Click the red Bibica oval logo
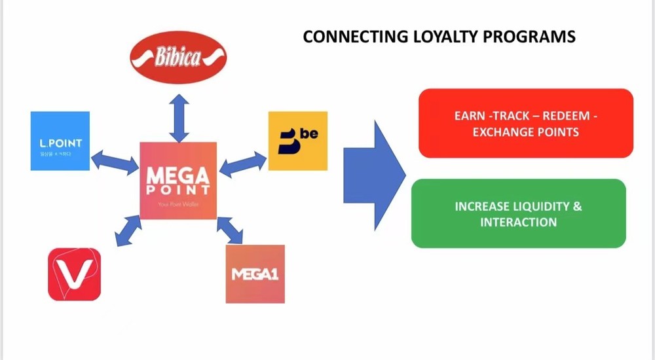tap(178, 58)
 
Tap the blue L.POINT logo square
tap(60, 141)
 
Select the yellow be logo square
tap(297, 141)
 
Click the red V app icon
tap(74, 274)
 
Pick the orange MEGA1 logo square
tap(255, 274)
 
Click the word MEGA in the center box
tap(178, 175)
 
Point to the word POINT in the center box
tap(178, 190)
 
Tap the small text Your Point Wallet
tap(178, 204)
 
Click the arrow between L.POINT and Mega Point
tap(115, 161)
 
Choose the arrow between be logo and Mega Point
tap(243, 164)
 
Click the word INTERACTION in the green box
tap(518, 222)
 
